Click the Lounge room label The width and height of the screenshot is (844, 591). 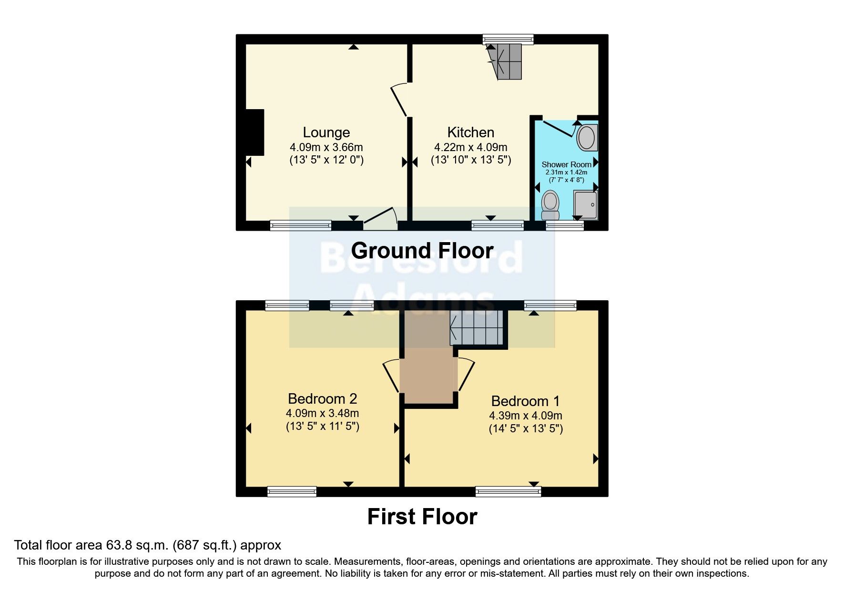326,132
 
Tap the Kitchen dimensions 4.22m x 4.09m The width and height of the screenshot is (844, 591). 470,147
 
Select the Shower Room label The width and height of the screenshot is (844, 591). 566,164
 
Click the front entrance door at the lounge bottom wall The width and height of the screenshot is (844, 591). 380,219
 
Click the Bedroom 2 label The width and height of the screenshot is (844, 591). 323,398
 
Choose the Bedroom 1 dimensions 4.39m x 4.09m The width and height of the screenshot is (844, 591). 526,416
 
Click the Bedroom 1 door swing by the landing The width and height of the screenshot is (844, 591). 466,374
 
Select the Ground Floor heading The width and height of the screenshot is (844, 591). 422,251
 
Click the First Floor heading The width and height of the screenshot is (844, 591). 422,517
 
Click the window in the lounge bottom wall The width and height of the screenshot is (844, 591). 300,225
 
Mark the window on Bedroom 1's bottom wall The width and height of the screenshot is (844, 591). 508,491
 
